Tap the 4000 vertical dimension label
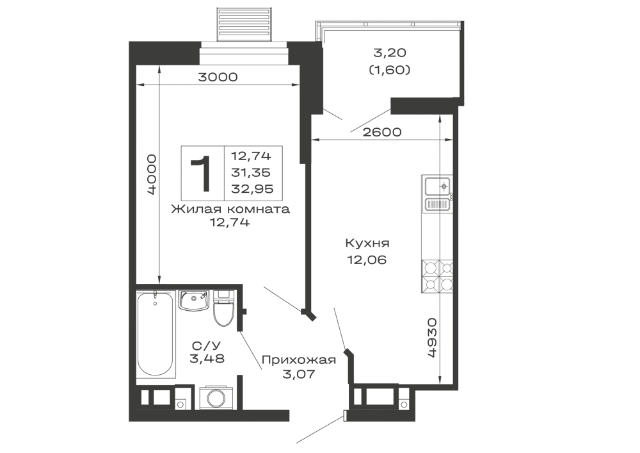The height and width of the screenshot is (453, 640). (x=152, y=174)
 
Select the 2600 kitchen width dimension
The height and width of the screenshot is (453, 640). (x=381, y=132)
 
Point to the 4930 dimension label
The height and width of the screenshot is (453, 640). (x=432, y=338)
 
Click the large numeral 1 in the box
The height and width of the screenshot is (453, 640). (x=202, y=174)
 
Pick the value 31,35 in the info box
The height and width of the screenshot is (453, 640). (x=251, y=172)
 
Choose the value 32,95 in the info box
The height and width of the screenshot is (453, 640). (x=252, y=189)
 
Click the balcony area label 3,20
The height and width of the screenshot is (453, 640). (x=390, y=53)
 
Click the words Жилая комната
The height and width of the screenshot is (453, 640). (x=230, y=209)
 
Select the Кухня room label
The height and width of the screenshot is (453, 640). (x=367, y=243)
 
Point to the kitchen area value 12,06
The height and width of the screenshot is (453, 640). (x=367, y=259)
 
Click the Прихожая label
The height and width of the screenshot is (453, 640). (x=299, y=360)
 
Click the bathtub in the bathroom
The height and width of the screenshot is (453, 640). (x=155, y=333)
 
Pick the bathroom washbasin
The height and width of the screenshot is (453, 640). (x=194, y=301)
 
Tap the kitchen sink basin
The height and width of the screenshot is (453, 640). (x=436, y=186)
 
